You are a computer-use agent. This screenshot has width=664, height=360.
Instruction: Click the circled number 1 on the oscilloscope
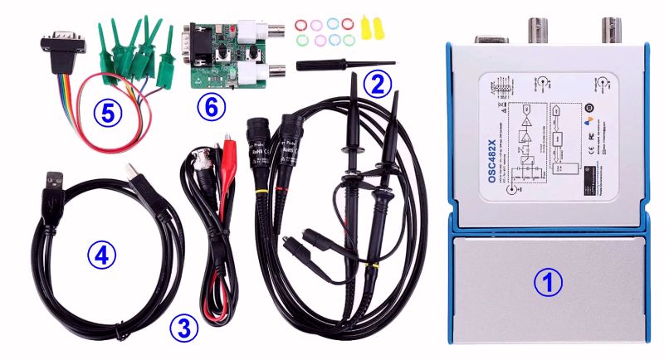coord(546,283)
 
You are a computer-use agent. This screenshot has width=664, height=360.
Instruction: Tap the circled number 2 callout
coord(378,82)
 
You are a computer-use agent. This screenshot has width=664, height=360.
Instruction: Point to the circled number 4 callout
coord(101,256)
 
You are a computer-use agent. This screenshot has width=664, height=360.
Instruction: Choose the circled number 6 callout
coord(212,107)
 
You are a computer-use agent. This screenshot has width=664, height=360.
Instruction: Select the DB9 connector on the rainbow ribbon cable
coord(63,42)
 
